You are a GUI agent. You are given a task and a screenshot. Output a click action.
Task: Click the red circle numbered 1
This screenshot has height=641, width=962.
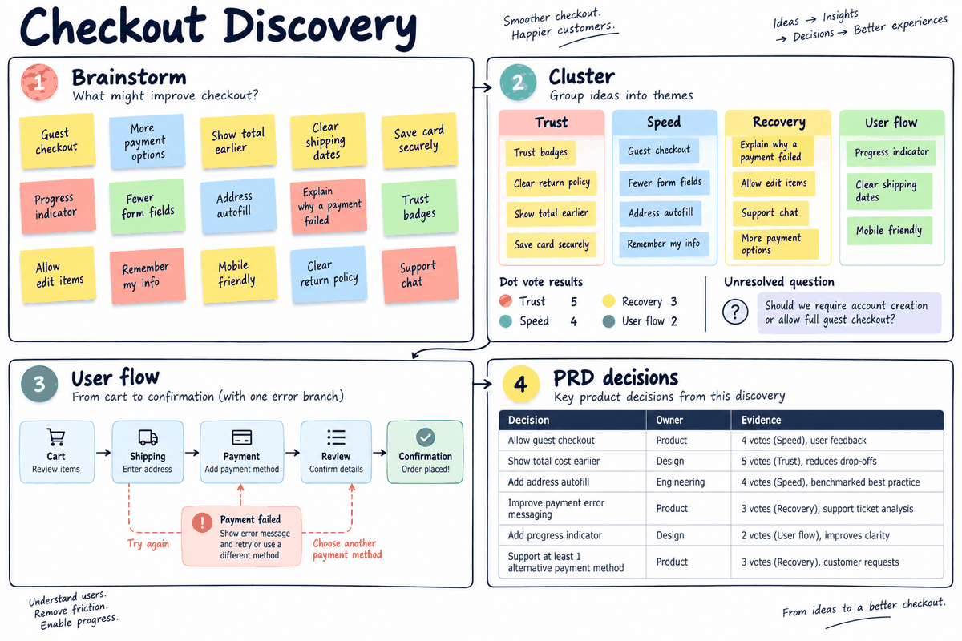39,82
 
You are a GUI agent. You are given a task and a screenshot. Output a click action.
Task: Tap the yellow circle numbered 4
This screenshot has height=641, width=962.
520,384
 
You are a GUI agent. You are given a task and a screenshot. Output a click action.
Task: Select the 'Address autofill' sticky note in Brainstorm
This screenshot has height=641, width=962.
238,205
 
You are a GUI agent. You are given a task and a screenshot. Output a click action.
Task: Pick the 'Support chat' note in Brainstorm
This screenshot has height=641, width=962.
420,274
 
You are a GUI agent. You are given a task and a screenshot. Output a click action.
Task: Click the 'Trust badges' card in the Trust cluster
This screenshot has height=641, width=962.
540,152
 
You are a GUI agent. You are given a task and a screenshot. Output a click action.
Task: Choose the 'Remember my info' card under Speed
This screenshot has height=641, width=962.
664,244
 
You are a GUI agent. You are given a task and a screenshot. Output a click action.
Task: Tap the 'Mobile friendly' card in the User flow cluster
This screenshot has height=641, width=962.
889,231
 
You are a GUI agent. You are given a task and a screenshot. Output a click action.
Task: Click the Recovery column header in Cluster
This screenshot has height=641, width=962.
778,123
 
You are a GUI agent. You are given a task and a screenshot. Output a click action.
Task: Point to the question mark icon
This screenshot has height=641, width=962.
735,312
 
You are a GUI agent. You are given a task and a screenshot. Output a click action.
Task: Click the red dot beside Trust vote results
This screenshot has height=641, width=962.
506,301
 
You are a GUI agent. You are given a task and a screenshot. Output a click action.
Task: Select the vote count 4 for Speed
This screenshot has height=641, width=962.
574,321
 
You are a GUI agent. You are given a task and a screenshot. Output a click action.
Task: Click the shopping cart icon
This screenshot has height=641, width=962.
56,437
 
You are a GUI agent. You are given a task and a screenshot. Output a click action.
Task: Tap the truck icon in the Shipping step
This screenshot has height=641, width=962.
148,437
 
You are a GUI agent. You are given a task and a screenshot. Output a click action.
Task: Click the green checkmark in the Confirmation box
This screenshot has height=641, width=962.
425,437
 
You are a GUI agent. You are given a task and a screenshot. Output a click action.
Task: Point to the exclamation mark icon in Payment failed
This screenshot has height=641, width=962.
202,522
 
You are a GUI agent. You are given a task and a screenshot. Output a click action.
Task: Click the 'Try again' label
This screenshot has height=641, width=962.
148,544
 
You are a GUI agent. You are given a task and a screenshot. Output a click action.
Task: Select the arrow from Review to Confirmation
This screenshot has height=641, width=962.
379,453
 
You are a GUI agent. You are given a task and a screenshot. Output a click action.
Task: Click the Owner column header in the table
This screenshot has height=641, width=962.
669,420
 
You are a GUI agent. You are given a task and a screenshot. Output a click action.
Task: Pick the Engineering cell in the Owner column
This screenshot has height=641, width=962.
681,482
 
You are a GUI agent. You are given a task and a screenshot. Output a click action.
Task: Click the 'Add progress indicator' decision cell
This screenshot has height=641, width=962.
555,535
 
